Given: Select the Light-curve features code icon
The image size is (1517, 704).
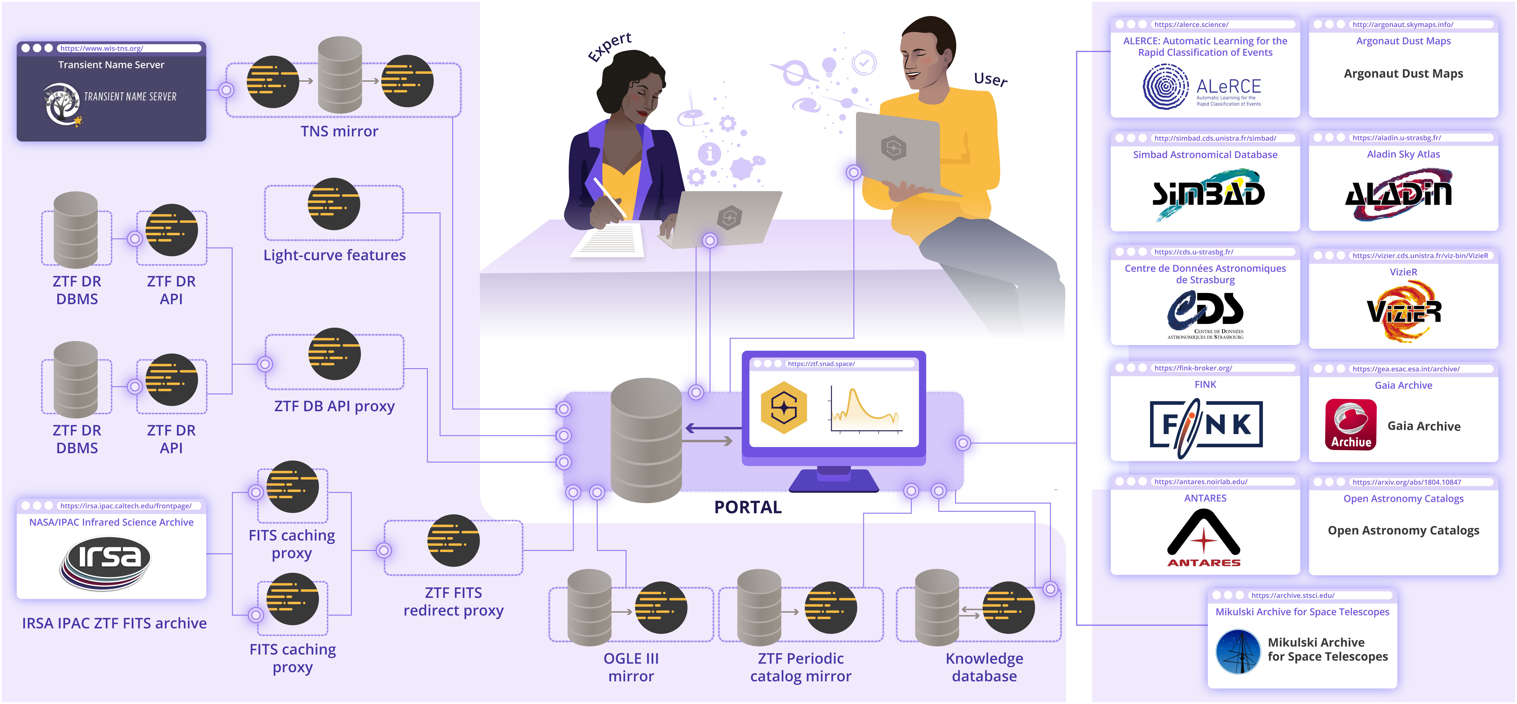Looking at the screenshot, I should coord(334,204).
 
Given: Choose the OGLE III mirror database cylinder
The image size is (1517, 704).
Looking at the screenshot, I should coord(589,607).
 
